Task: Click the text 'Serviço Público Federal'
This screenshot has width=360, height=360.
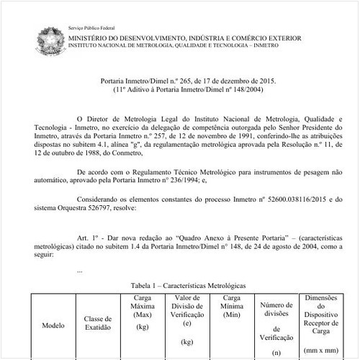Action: [96, 27]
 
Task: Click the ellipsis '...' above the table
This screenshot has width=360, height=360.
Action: [79, 271]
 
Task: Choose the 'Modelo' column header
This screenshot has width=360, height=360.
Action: [53, 325]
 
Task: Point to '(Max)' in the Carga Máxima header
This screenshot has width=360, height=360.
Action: [141, 314]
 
